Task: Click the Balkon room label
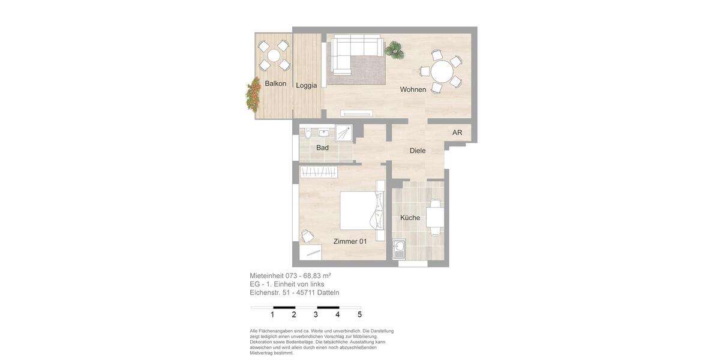click(275, 83)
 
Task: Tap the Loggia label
click(306, 85)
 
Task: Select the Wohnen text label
click(413, 89)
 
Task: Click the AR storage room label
click(457, 133)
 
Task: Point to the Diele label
click(418, 151)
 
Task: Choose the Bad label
click(322, 148)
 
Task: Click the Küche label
click(410, 218)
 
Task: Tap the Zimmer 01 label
click(350, 241)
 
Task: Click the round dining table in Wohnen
click(442, 72)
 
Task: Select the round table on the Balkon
click(274, 56)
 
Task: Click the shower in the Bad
click(344, 133)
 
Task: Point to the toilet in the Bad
click(307, 133)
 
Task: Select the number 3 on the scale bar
click(316, 314)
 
